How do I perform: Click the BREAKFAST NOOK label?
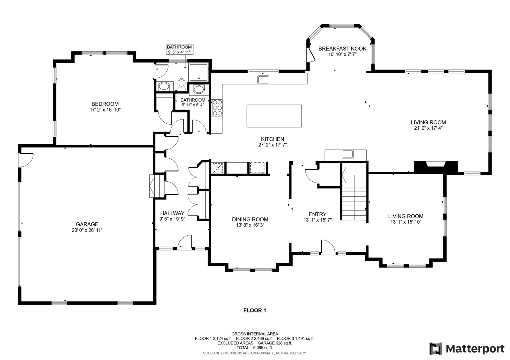pos(342,49)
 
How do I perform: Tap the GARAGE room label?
pos(87,224)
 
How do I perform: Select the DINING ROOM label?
pos(250,220)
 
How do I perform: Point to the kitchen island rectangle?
pos(274,116)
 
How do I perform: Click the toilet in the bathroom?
pos(181,85)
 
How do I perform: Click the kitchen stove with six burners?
pos(217,108)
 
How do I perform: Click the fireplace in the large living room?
pos(435,167)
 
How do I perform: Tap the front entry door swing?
pos(328,247)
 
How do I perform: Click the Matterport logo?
pos(467,349)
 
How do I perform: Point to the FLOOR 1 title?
pos(255,310)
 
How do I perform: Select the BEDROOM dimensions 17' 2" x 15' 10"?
pos(105,110)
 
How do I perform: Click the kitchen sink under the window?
pos(263,80)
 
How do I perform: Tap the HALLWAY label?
pos(172,213)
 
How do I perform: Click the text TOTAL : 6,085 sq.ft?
pos(255,348)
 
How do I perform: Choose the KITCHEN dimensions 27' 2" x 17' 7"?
pos(273,145)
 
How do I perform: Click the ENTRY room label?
pos(317,214)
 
